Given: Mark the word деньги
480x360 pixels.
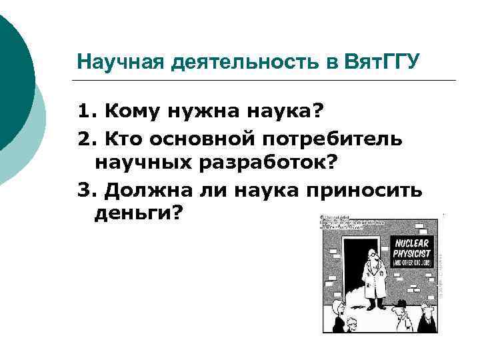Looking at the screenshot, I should click(133, 214).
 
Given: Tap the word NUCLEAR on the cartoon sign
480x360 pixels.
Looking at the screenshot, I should click(412, 243).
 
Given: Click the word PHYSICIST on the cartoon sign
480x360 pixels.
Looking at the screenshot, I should click(412, 253).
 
